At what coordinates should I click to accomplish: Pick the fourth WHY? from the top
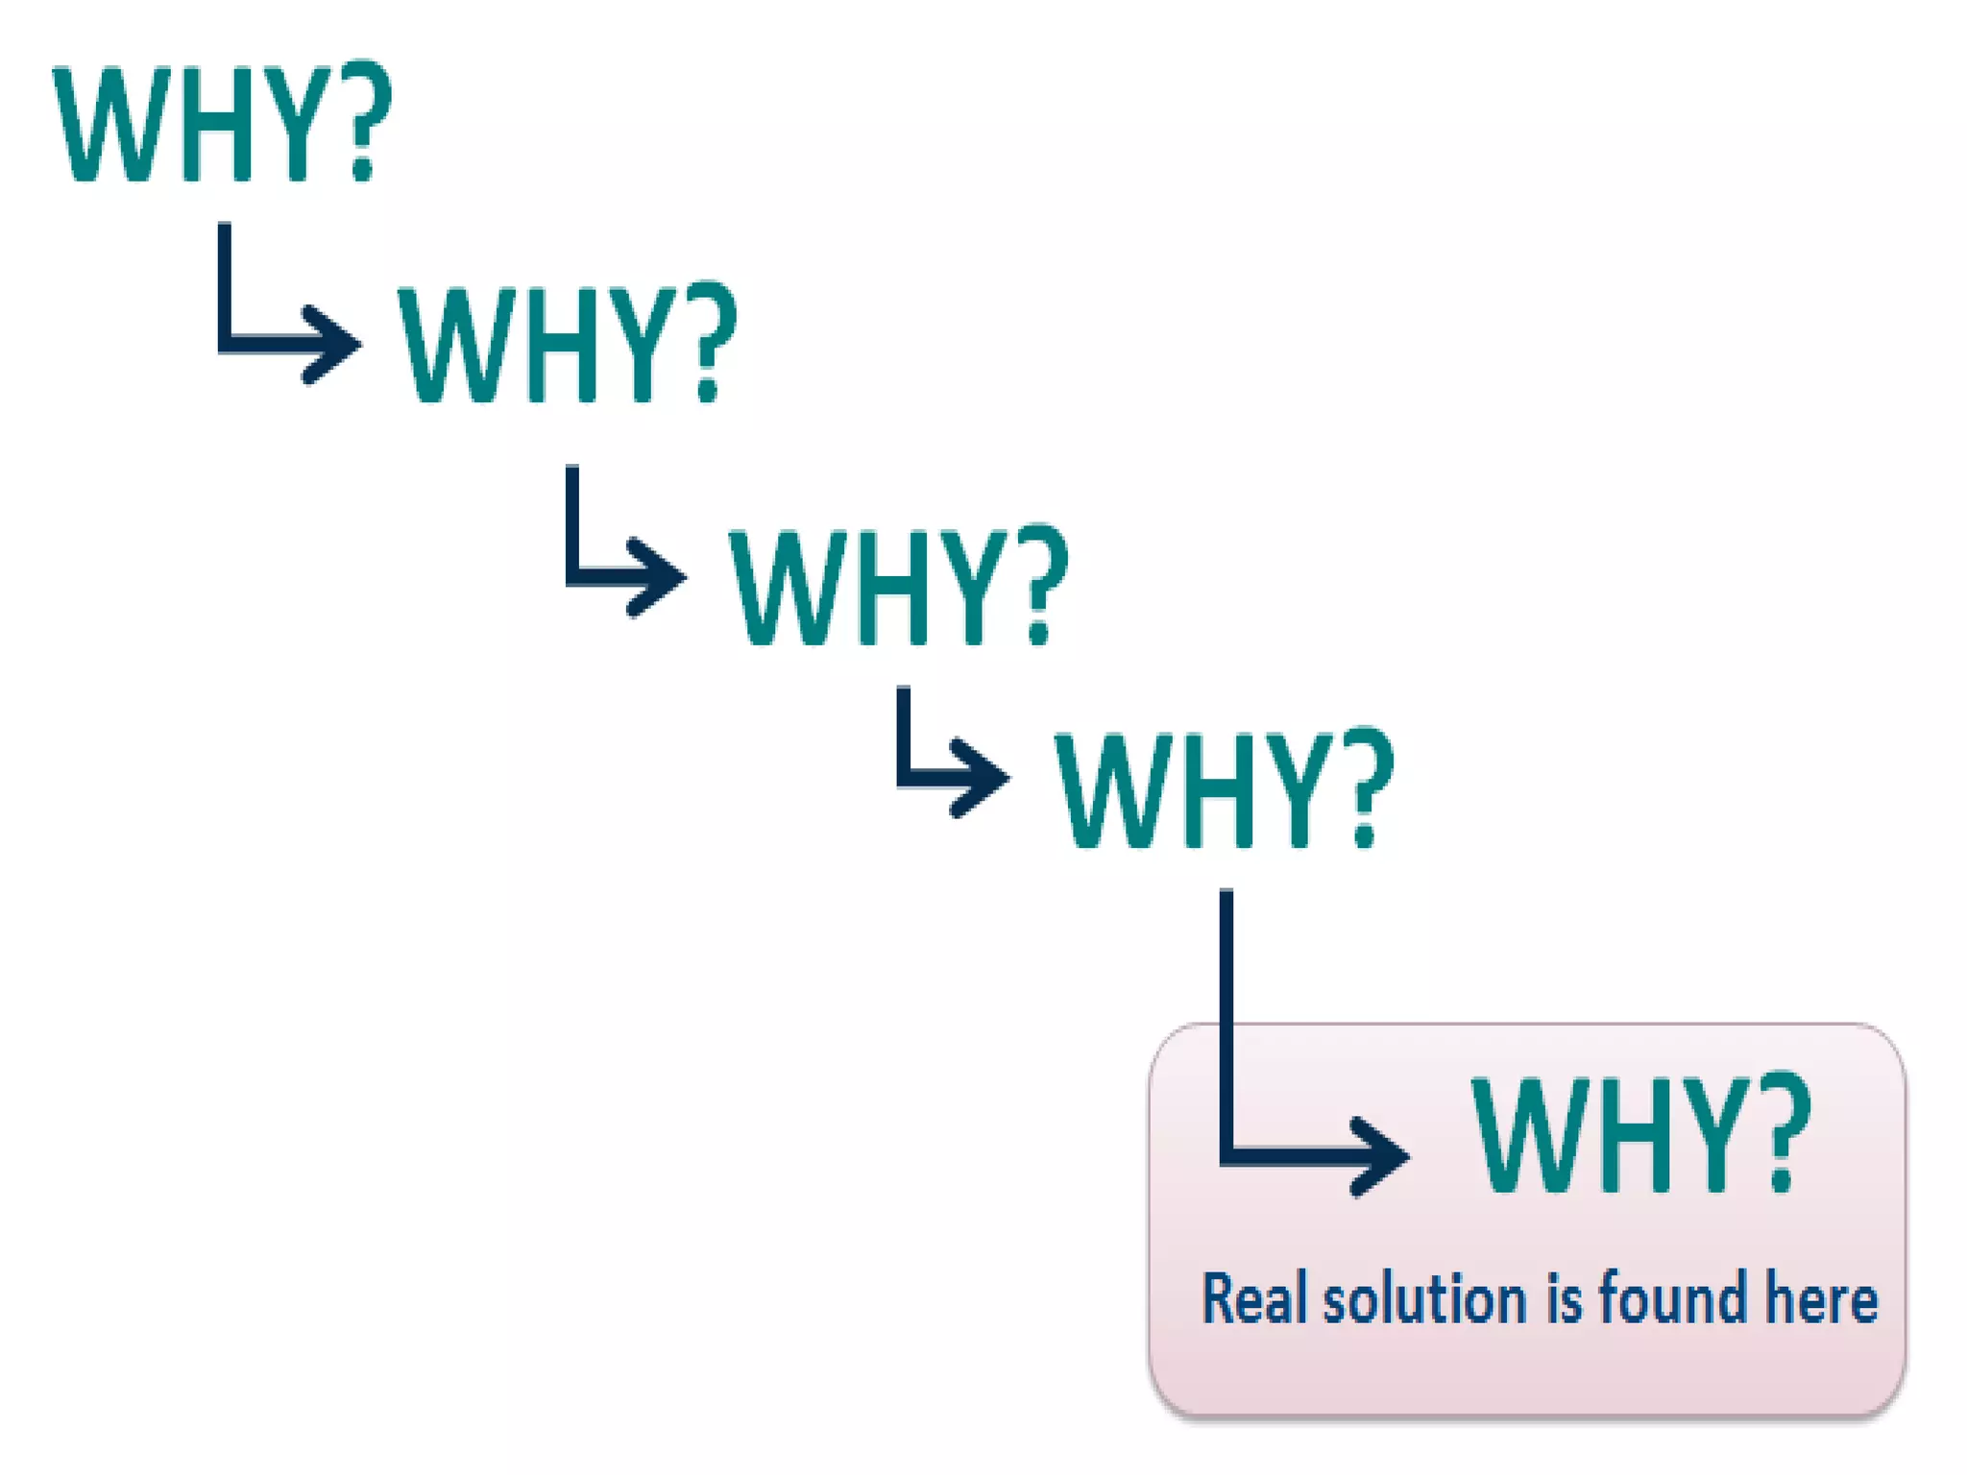1225,789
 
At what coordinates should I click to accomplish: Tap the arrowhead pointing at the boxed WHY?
1378,1156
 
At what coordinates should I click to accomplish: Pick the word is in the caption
1564,1299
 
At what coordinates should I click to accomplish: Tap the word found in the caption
1672,1299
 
